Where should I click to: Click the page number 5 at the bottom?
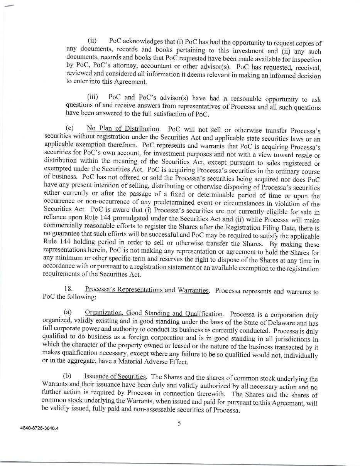[179, 424]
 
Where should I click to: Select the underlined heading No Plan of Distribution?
[123, 129]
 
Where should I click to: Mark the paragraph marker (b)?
[68, 377]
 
